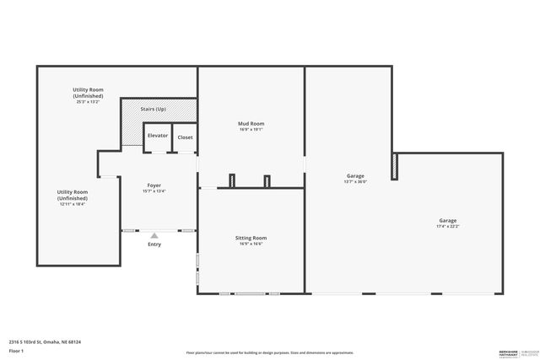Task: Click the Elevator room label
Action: click(x=158, y=136)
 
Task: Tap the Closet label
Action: click(x=185, y=137)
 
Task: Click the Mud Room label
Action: click(x=251, y=124)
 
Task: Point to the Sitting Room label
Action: click(x=251, y=239)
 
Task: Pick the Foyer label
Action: click(x=154, y=185)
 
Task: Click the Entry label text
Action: click(x=154, y=244)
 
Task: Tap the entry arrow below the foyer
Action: click(x=154, y=235)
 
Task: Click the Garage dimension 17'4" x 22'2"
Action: click(x=447, y=226)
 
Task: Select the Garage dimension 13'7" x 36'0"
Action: click(x=355, y=181)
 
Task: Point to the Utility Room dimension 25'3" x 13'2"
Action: click(x=88, y=102)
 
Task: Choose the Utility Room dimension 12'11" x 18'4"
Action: click(x=73, y=204)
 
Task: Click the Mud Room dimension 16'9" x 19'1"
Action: click(x=251, y=130)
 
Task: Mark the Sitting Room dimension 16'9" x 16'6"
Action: click(x=251, y=244)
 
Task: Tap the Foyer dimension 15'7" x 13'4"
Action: click(x=154, y=191)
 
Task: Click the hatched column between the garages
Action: click(x=394, y=166)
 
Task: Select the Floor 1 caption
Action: click(x=17, y=352)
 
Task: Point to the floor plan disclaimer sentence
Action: click(x=270, y=352)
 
